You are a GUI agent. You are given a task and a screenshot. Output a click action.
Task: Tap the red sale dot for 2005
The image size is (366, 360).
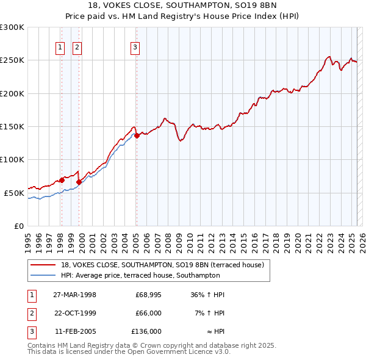click(x=137, y=135)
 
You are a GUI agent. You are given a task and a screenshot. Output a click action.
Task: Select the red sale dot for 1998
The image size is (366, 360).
click(x=62, y=180)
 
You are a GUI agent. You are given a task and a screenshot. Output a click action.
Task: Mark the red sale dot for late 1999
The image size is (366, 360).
click(x=79, y=182)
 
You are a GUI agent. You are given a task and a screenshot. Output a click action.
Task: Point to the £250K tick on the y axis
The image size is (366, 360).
click(x=12, y=60)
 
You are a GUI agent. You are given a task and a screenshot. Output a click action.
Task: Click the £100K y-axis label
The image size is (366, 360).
click(x=12, y=159)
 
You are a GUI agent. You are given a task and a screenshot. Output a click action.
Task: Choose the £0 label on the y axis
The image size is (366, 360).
click(x=18, y=226)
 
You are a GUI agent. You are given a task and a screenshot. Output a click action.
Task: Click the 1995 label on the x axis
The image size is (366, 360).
click(x=28, y=238)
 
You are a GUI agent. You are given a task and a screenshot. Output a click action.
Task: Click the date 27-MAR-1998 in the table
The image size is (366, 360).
click(x=74, y=295)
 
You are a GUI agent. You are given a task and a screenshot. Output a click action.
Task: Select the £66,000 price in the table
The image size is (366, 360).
click(x=148, y=313)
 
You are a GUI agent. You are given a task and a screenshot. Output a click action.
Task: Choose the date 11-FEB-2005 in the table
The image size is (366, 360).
click(x=74, y=331)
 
